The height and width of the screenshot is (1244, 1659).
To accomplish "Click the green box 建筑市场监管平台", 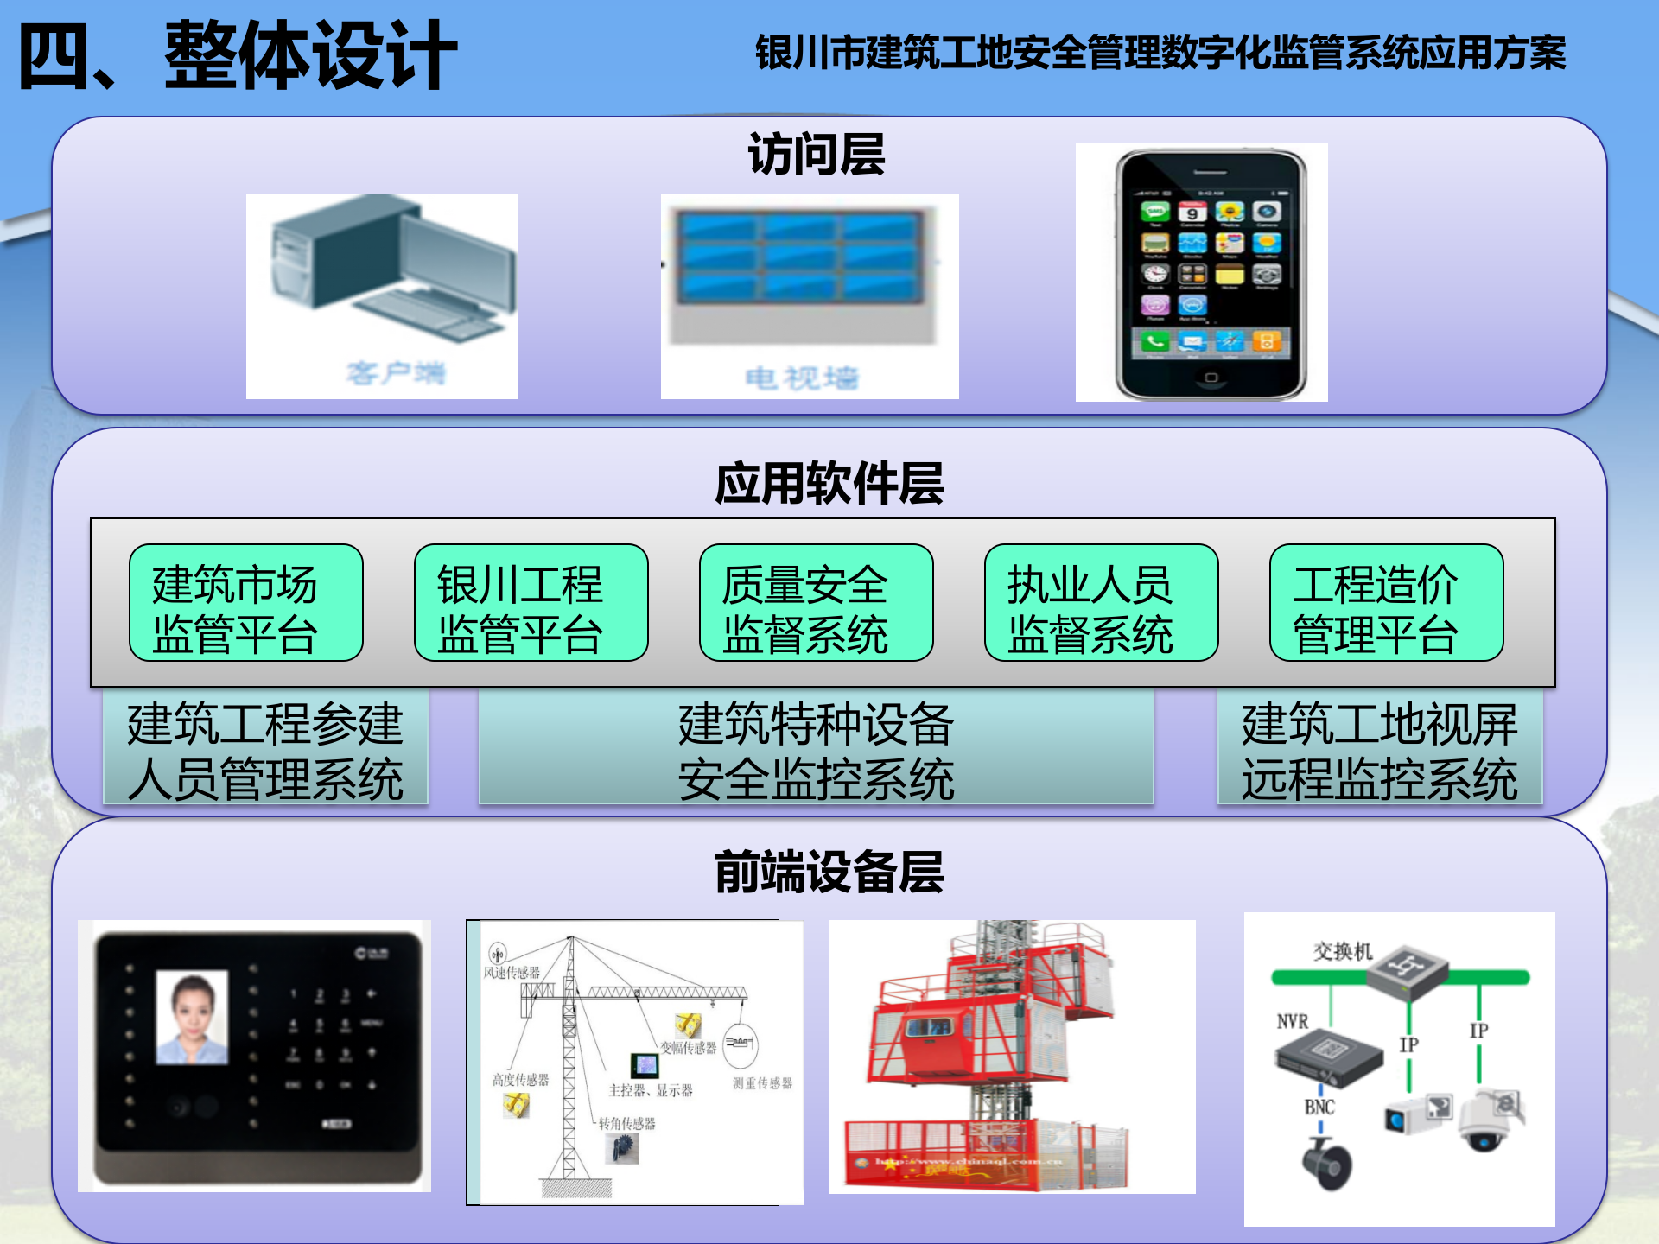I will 245,603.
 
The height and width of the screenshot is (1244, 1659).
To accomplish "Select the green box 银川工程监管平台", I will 531,603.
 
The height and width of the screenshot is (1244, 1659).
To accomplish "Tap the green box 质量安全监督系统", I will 816,603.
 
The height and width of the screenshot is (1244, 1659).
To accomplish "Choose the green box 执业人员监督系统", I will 1101,603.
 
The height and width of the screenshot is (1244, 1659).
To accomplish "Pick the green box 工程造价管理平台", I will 1386,603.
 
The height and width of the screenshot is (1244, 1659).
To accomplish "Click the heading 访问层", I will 816,155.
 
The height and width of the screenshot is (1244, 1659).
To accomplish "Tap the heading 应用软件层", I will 829,483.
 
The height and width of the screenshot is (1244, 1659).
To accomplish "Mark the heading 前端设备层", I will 829,872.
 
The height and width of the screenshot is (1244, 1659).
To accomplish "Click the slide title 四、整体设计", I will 238,56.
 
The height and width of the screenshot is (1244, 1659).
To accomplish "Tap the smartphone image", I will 1210,273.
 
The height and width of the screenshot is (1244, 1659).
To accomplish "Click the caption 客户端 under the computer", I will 396,373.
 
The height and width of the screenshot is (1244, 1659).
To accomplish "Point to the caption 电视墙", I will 802,378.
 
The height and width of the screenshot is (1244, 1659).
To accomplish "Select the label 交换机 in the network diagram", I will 1343,951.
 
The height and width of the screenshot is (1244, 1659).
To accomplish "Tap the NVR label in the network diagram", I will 1293,1022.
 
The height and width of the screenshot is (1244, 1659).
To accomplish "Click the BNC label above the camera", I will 1319,1107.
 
